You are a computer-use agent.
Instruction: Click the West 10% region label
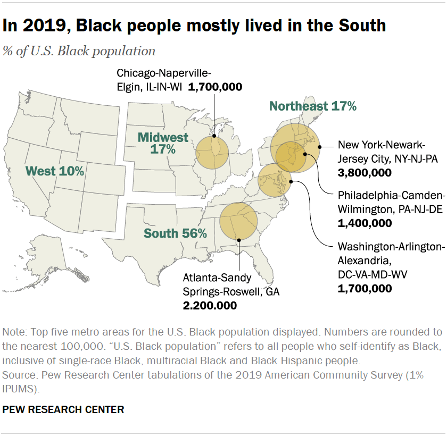pyautogui.click(x=55, y=171)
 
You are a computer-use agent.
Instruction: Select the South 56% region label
pyautogui.click(x=175, y=233)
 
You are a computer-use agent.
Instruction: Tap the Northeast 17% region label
pyautogui.click(x=312, y=106)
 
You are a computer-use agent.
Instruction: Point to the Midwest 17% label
pyautogui.click(x=163, y=144)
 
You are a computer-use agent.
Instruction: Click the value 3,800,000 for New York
pyautogui.click(x=365, y=173)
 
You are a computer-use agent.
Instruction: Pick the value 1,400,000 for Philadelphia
pyautogui.click(x=365, y=223)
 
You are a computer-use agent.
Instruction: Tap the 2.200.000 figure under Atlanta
pyautogui.click(x=210, y=305)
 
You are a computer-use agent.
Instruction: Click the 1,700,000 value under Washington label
pyautogui.click(x=365, y=288)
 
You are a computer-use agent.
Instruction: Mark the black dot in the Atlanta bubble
pyautogui.click(x=239, y=240)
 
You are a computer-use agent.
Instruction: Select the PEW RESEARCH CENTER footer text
pyautogui.click(x=63, y=409)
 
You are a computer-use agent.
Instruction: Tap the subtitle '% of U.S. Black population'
pyautogui.click(x=79, y=51)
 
